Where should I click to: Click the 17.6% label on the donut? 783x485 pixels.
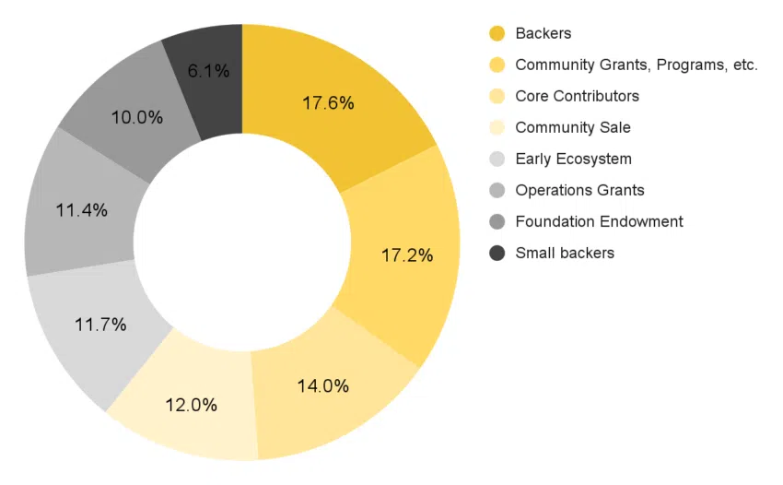tap(328, 103)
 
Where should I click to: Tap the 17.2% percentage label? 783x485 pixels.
tap(407, 255)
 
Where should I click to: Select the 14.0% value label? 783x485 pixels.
tap(322, 386)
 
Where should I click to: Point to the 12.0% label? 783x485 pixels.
tap(191, 405)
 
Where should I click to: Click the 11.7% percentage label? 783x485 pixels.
tap(99, 325)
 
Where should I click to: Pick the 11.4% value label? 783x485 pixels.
tap(81, 210)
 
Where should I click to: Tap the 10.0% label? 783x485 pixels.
tap(136, 118)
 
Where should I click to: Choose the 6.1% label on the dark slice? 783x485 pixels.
tap(208, 71)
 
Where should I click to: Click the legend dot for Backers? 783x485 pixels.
tap(497, 34)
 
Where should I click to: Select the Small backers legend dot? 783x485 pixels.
tap(497, 253)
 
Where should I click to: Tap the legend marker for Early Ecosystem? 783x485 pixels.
tap(497, 159)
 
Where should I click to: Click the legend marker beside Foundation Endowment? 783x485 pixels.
tap(497, 221)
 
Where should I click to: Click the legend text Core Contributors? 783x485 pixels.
tap(577, 96)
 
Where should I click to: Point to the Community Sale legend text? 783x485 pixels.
tap(573, 127)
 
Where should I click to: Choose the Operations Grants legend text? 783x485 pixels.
tap(579, 190)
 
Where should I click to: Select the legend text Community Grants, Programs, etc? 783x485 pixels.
tap(637, 65)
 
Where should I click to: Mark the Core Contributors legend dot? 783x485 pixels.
tap(497, 96)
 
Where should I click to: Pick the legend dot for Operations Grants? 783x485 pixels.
tap(497, 190)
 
